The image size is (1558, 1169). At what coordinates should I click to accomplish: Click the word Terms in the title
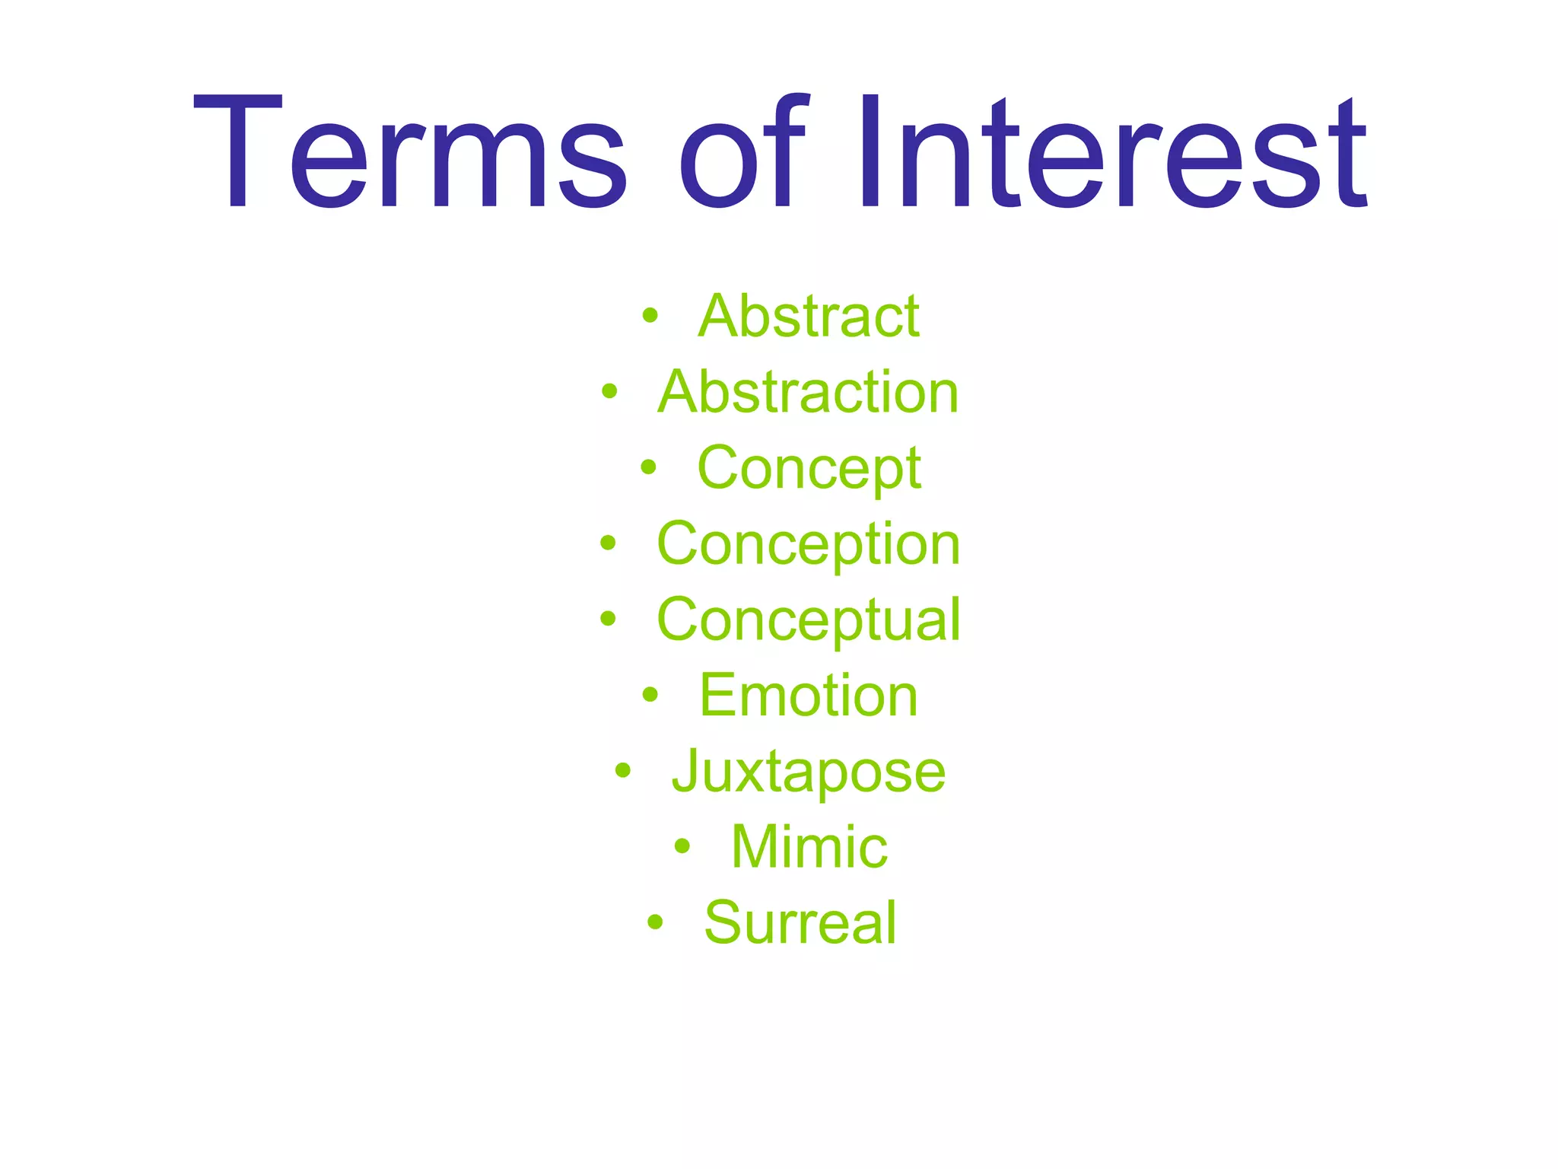point(411,152)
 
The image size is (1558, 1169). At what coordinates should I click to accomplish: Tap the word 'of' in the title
point(742,152)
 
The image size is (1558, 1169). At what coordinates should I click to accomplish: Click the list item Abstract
point(809,316)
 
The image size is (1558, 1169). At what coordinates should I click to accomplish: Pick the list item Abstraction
point(808,392)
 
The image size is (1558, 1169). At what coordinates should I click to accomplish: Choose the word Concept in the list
point(809,468)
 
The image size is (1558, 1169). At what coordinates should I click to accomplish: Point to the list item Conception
point(809,544)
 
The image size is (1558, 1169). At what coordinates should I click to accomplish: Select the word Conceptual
point(809,620)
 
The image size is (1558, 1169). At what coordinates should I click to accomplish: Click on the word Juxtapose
point(809,771)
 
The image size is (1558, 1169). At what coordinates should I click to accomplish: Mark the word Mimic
point(809,846)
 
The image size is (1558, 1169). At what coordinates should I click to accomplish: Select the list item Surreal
point(800,922)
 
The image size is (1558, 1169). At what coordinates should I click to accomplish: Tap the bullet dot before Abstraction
point(609,392)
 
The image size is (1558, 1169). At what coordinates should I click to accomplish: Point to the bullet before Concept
point(647,467)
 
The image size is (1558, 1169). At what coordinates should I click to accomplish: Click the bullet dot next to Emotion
point(650,694)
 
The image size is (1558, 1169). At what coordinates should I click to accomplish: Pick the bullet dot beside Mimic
point(682,846)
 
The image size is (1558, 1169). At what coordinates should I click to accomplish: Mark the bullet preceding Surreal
point(655,922)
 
